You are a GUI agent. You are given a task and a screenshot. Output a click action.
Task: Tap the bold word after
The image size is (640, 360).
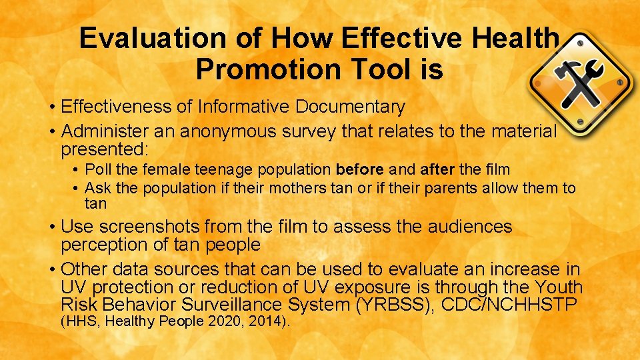click(x=437, y=170)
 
